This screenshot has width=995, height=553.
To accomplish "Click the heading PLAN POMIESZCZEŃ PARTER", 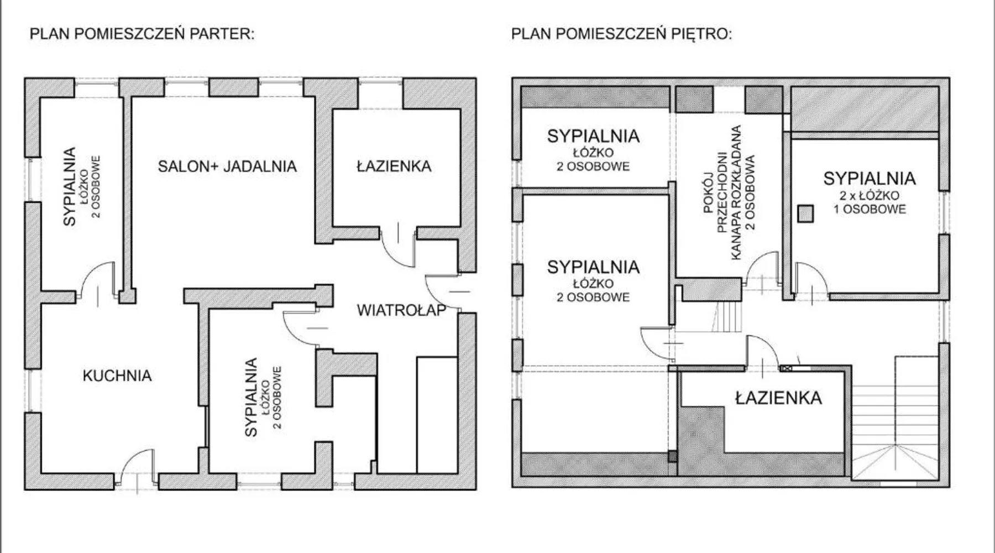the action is [x=142, y=34].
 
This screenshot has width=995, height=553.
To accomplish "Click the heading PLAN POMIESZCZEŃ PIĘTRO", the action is [x=621, y=34].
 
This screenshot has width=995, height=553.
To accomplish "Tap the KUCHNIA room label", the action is [x=117, y=376].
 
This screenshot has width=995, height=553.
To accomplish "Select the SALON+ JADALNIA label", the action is [x=227, y=166].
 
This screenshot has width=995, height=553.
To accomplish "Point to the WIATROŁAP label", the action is [x=401, y=310].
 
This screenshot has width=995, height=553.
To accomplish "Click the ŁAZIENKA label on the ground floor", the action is [x=394, y=166].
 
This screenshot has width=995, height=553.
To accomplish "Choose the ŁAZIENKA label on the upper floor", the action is [x=778, y=398].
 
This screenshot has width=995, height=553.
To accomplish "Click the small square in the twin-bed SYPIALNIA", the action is [x=805, y=213].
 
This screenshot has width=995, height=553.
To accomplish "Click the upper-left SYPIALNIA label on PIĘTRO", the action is [x=593, y=136].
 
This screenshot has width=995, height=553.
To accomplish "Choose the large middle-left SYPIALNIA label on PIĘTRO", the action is [x=593, y=267].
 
